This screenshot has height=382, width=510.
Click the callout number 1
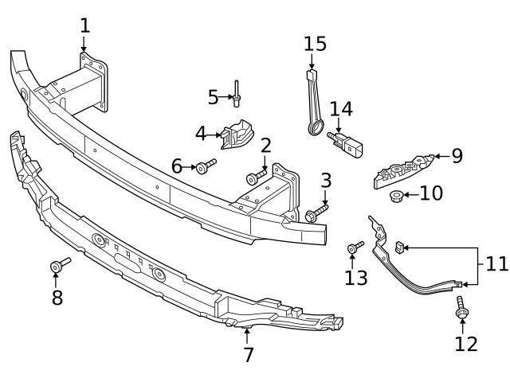[84, 25]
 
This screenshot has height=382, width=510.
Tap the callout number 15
[315, 44]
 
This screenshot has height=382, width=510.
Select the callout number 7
[248, 355]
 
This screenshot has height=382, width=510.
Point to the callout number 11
[496, 264]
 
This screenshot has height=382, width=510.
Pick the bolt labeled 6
[206, 166]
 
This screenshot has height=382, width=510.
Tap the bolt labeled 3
[315, 212]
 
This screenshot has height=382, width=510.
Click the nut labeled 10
[395, 195]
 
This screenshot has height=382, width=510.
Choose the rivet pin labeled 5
[237, 95]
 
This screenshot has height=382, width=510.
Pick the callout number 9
[456, 156]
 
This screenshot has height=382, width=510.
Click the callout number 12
[466, 344]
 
